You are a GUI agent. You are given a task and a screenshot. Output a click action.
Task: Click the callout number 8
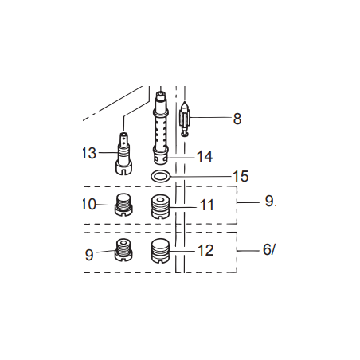click(x=237, y=119)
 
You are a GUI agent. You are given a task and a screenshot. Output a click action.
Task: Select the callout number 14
click(x=205, y=156)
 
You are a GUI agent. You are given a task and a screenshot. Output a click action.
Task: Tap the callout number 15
click(x=241, y=176)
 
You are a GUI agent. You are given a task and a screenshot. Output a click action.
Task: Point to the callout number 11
click(x=206, y=205)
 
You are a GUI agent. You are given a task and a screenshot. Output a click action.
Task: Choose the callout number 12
click(x=205, y=250)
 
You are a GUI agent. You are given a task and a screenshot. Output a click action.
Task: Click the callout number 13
click(x=89, y=153)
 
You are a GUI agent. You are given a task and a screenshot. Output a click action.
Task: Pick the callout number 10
click(x=89, y=204)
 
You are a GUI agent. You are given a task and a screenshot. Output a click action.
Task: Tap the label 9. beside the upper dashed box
click(x=271, y=201)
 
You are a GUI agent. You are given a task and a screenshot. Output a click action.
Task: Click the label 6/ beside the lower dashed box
click(x=269, y=249)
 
